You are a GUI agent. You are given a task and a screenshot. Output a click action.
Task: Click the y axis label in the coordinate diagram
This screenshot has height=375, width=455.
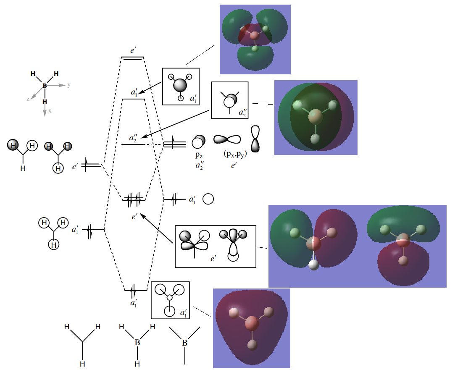pyautogui.click(x=69, y=85)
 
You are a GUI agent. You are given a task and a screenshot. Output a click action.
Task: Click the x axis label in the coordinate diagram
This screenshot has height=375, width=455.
pyautogui.click(x=50, y=111)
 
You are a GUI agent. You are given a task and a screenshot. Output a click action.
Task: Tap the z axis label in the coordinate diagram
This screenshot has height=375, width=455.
pyautogui.click(x=28, y=99)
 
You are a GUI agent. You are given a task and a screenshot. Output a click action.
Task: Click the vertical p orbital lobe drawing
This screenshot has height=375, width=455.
pyautogui.click(x=255, y=139)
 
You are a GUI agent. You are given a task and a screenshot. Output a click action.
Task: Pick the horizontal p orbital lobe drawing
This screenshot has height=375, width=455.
pyautogui.click(x=227, y=139)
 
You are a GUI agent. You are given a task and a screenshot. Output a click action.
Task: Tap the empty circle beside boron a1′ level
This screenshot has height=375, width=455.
pyautogui.click(x=208, y=199)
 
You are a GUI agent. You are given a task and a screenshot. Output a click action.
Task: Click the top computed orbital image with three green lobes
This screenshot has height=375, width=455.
pyautogui.click(x=255, y=39)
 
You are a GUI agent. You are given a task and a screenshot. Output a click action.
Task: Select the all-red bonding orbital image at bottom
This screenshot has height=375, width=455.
pyautogui.click(x=251, y=328)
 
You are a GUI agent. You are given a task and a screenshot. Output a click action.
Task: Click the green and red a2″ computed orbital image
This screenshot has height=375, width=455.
pyautogui.click(x=316, y=118)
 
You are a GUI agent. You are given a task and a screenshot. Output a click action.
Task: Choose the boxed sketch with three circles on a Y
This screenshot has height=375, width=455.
pyautogui.click(x=170, y=300)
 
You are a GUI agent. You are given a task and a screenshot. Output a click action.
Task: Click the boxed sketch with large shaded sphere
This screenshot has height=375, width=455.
pyautogui.click(x=181, y=86)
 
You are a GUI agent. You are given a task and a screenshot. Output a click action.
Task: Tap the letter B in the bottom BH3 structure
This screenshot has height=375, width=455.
pyautogui.click(x=137, y=343)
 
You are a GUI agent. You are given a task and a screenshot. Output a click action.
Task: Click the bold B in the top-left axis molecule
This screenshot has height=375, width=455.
pyautogui.click(x=45, y=86)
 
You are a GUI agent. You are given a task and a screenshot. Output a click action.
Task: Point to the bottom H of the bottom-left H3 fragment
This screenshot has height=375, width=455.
pyautogui.click(x=83, y=363)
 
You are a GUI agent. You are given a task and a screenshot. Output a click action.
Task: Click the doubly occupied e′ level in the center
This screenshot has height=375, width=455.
pyautogui.click(x=134, y=199)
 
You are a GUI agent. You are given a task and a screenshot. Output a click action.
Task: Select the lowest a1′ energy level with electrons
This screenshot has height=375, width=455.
pyautogui.click(x=135, y=290)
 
